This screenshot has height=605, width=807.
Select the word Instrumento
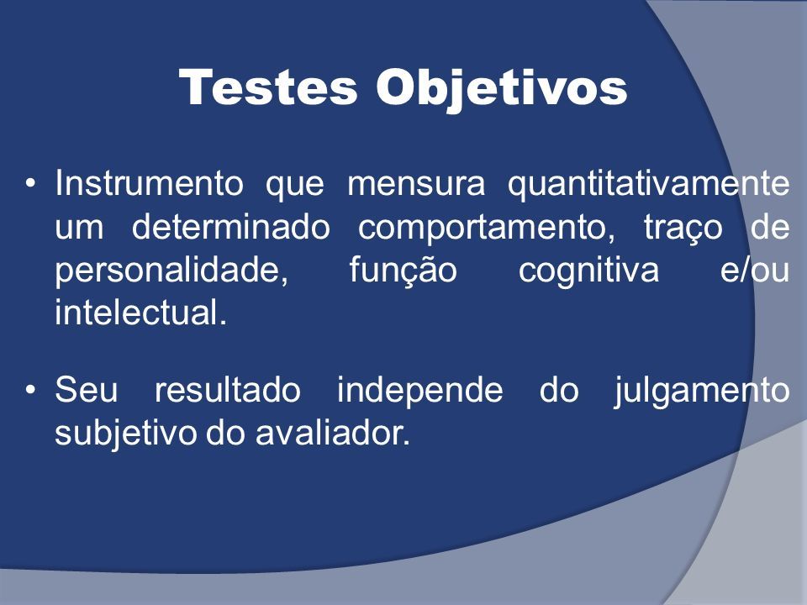[149, 182]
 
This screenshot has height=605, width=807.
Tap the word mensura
[416, 184]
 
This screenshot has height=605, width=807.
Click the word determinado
[230, 227]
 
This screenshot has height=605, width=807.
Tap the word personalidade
[171, 271]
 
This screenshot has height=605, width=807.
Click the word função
[403, 271]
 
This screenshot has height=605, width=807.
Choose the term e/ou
[755, 270]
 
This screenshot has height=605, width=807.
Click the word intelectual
[140, 313]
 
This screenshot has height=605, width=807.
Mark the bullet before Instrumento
[31, 183]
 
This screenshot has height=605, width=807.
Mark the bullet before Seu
[31, 391]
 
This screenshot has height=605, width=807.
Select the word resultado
[228, 389]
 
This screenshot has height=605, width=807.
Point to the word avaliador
[333, 434]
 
